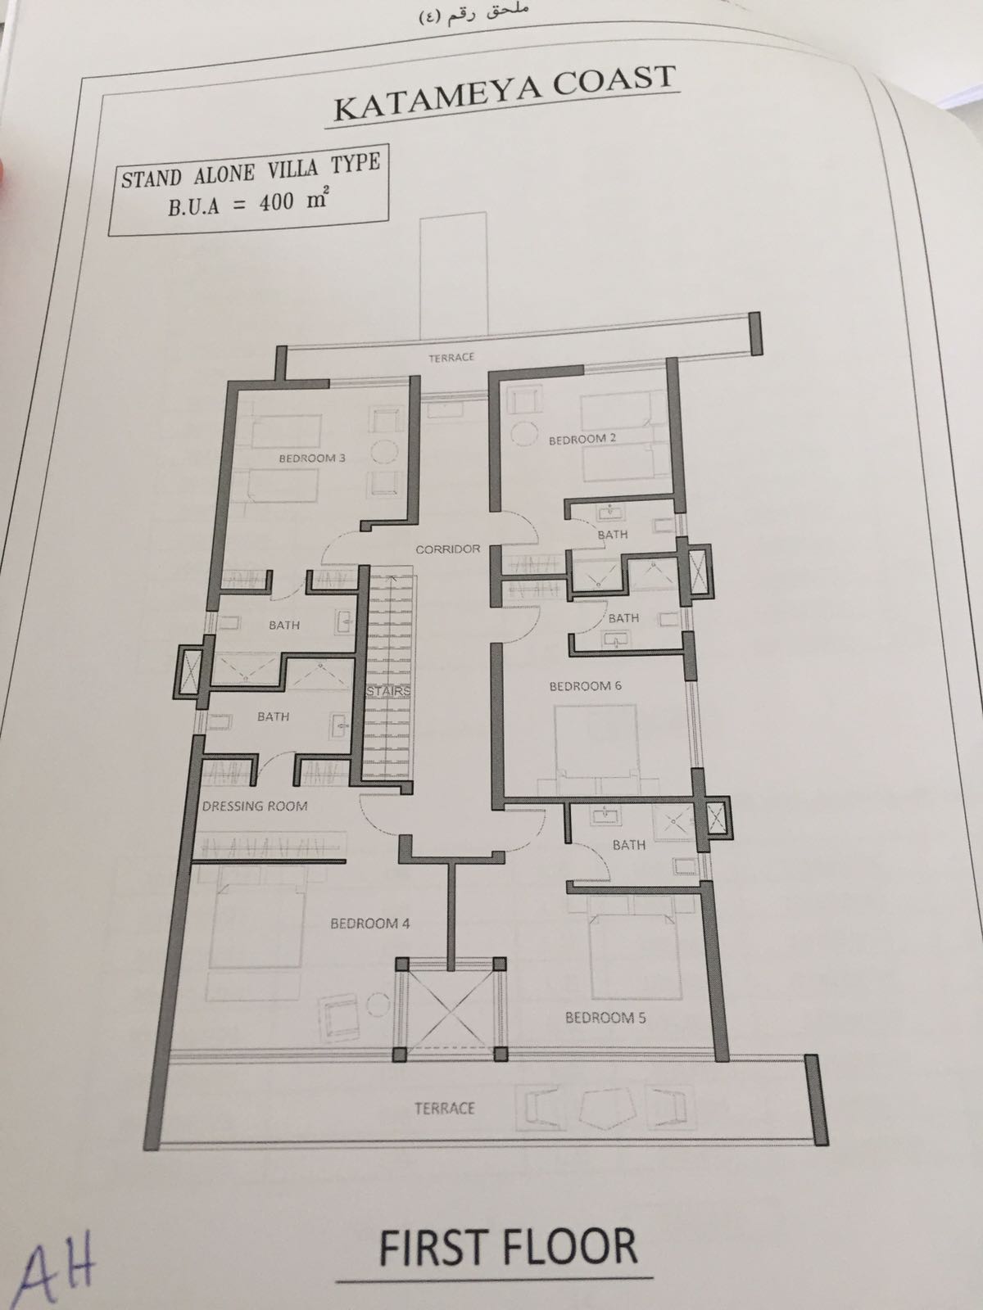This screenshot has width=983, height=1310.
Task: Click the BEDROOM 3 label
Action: [x=312, y=458]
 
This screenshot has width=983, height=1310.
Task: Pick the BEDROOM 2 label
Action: [x=582, y=439]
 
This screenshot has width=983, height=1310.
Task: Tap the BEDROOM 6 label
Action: [x=585, y=686]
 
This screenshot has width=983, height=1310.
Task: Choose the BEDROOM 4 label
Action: [x=370, y=924]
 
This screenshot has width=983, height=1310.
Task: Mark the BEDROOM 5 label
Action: [x=605, y=1017]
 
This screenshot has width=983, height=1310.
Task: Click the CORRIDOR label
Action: [x=447, y=549]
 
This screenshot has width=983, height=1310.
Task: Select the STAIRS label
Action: [x=388, y=690]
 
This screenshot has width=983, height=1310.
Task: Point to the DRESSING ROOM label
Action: [x=255, y=806]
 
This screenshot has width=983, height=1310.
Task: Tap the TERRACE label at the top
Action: [x=451, y=357]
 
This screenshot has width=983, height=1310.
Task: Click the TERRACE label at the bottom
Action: [x=445, y=1109]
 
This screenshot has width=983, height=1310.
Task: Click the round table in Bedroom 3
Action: [x=384, y=450]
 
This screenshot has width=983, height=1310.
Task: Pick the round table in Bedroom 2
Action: [x=526, y=434]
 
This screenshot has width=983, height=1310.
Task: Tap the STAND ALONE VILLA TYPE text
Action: [x=251, y=170]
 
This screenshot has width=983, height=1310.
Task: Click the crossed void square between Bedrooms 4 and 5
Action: [x=451, y=1009]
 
